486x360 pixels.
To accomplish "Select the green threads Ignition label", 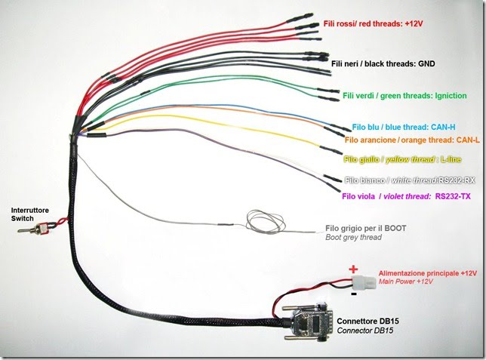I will (404, 96).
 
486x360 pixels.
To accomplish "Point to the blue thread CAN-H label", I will (401, 127).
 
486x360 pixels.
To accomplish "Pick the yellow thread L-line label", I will (401, 159).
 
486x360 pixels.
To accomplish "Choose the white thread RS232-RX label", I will (409, 180).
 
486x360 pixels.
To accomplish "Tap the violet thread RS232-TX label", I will (406, 196).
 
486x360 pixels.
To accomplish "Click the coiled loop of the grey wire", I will (259, 220).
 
